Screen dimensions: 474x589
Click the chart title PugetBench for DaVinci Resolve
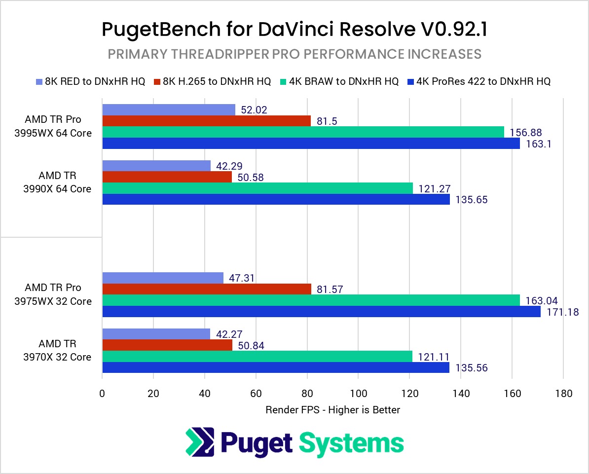pyautogui.click(x=294, y=29)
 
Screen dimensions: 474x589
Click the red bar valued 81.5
pyautogui.click(x=206, y=121)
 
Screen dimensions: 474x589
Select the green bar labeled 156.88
pyautogui.click(x=303, y=132)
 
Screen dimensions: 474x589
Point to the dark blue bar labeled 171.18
pyautogui.click(x=321, y=311)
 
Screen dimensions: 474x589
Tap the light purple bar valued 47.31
pyautogui.click(x=162, y=278)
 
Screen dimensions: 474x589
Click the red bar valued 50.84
pyautogui.click(x=167, y=345)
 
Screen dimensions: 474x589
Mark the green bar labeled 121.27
pyautogui.click(x=257, y=188)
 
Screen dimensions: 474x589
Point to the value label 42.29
pyautogui.click(x=229, y=166)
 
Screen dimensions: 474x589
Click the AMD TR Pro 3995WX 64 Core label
pyautogui.click(x=58, y=126)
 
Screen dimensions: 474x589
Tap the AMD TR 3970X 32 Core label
pyautogui.click(x=58, y=350)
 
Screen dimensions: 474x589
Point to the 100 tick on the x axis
pyautogui.click(x=358, y=394)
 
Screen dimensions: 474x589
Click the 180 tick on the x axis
pyautogui.click(x=563, y=394)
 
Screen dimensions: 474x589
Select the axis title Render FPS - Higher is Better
pyautogui.click(x=332, y=409)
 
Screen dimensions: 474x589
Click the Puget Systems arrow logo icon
pyautogui.click(x=200, y=442)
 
